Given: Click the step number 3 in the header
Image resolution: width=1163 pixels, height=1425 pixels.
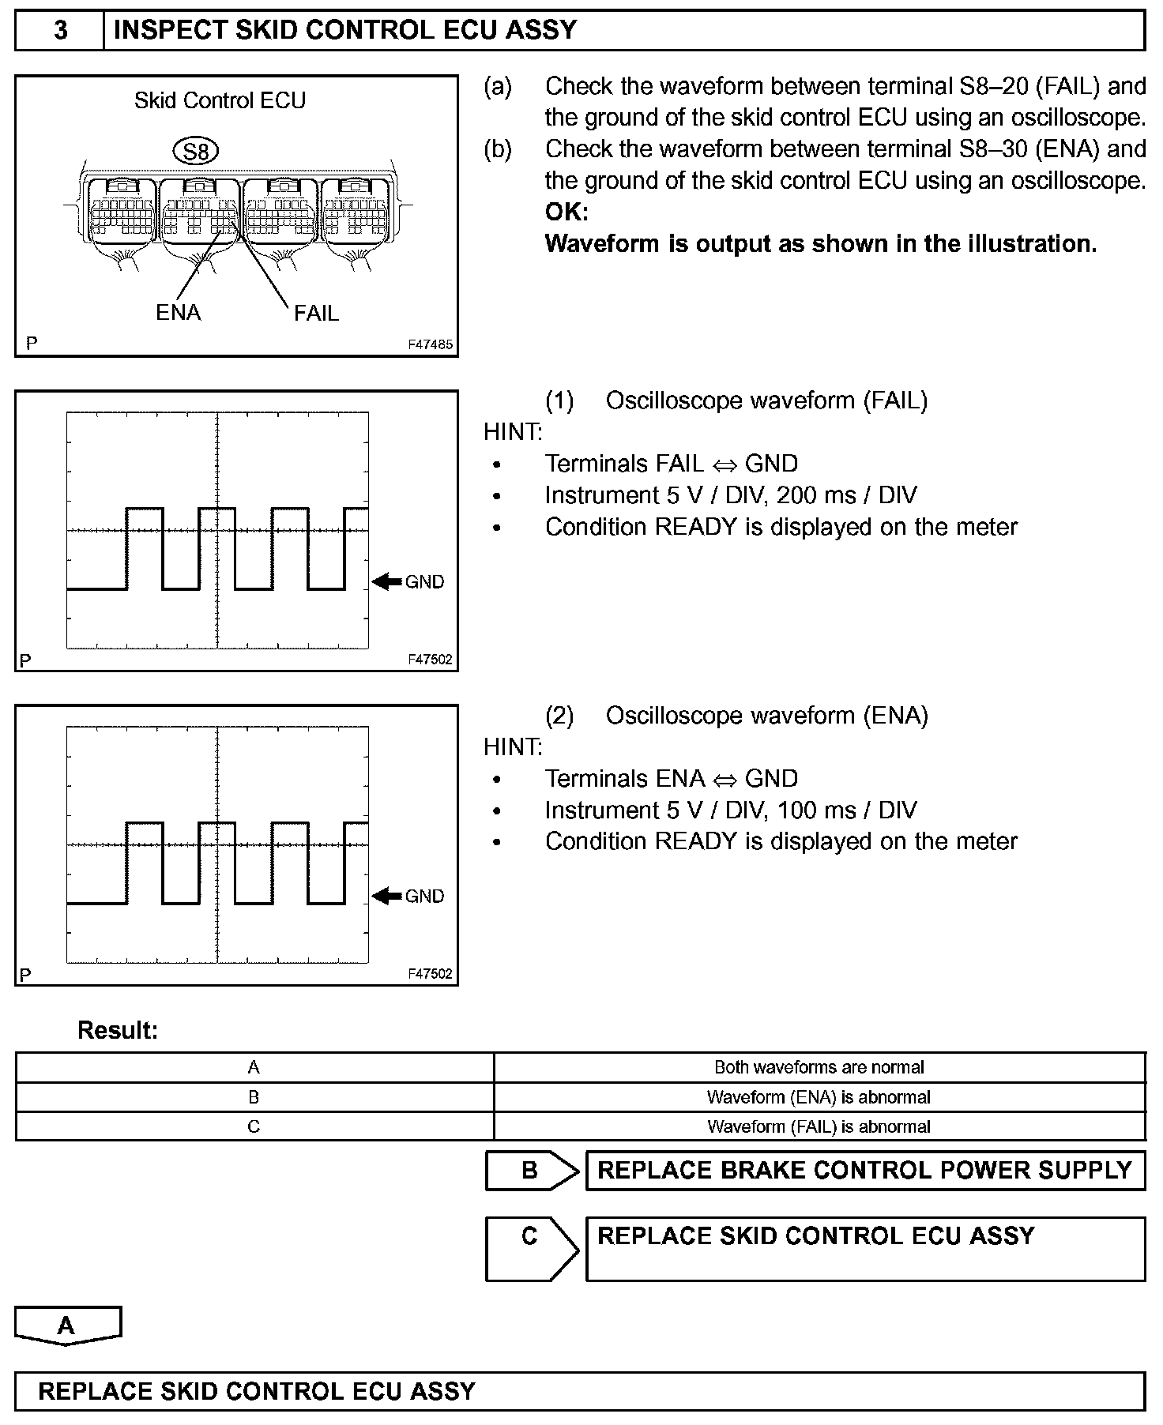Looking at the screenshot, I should point(60,31).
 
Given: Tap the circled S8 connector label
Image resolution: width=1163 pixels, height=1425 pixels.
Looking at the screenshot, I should point(195,151).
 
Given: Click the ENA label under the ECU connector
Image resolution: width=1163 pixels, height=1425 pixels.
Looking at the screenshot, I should point(178,313).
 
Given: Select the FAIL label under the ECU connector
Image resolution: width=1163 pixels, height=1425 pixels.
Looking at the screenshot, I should point(316,314).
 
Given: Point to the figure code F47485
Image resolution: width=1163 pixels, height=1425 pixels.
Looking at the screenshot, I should point(430,344).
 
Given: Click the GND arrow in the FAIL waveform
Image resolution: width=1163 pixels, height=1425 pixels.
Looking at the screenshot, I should point(386,582).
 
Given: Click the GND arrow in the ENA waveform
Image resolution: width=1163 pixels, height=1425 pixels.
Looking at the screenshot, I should point(386,896).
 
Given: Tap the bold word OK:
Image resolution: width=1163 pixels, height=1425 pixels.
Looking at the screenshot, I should point(566,212).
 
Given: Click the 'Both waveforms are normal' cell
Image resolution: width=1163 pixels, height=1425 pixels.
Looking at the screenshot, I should point(819,1067).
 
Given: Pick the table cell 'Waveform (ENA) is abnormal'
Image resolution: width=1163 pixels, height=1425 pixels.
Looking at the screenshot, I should point(819,1097).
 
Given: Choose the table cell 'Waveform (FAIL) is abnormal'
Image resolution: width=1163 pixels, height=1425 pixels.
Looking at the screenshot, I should point(819,1126).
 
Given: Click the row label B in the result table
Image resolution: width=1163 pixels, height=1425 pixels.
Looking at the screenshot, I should point(254,1097).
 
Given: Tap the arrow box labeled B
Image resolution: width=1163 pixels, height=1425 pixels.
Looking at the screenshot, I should point(531,1171).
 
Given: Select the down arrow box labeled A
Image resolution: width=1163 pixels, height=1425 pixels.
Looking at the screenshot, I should point(67,1325).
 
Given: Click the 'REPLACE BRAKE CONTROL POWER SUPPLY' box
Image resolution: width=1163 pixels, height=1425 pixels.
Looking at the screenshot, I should point(864,1171).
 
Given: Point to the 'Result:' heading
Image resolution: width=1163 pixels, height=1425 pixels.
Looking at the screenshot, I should point(118,1030).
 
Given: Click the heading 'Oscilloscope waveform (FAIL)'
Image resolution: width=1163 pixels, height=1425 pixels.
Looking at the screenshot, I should point(766,400).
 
